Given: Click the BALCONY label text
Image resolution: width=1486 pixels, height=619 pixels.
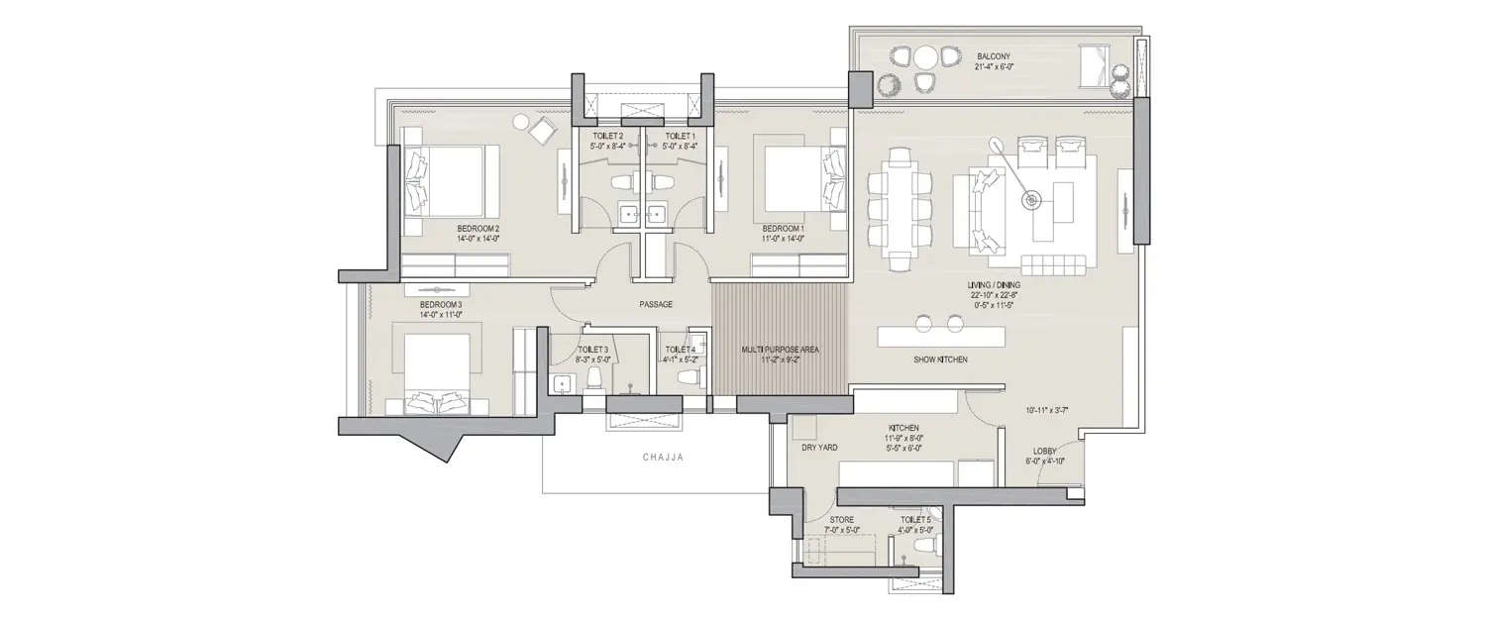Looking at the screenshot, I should pos(993,56).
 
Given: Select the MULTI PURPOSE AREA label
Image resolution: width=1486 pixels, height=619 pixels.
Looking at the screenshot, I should pos(781,350).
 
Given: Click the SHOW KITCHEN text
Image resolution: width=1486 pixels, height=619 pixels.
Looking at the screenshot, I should pos(940,360).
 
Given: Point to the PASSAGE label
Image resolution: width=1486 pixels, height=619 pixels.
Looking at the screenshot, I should pos(655,304).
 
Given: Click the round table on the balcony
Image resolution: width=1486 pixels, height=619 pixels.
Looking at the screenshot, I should pos(925,56).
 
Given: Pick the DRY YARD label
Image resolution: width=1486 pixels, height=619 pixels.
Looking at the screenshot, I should pos(819,448).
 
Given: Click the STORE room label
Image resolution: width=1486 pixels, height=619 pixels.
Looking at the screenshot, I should pos(841,519).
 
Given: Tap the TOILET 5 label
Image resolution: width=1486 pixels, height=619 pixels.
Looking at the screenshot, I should pos(915,519).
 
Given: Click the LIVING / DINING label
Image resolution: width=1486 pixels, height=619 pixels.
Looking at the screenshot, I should pos(996,284).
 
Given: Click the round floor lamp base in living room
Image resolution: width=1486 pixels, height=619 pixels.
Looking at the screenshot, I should pos(1033,201).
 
